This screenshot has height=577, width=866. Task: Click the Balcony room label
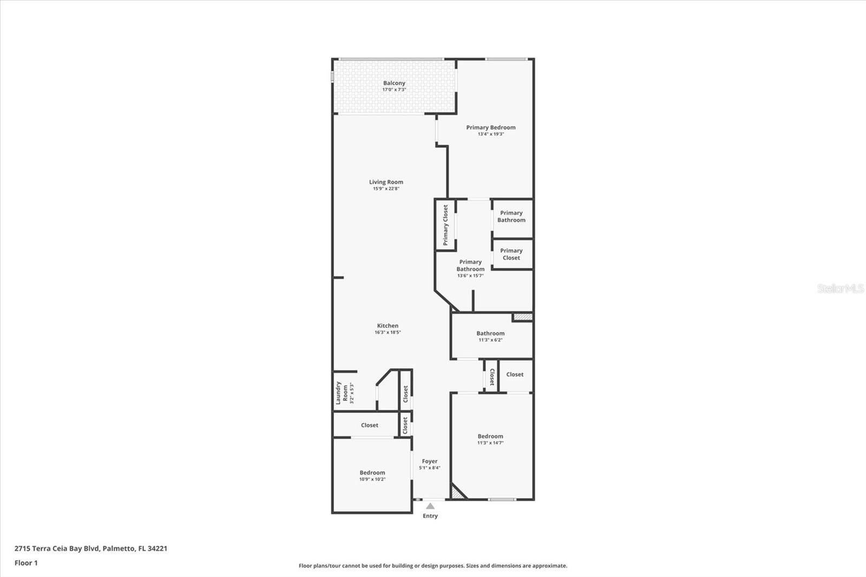pos(394,83)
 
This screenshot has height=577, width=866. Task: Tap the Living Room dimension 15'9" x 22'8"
pos(386,189)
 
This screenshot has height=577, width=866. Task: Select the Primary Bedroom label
pos(491,128)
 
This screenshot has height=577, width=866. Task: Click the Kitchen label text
pos(388,326)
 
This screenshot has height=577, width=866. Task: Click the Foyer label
pos(430,462)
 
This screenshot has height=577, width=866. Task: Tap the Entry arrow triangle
pos(430,506)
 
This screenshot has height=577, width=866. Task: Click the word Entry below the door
pos(430,516)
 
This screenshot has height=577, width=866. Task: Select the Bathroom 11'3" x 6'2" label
pos(490,336)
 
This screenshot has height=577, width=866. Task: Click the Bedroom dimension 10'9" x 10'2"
pos(372,479)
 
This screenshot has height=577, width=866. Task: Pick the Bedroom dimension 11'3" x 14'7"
pos(490,443)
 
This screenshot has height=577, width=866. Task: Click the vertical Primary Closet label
pos(445,225)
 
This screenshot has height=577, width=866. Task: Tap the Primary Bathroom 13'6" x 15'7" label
pos(470,268)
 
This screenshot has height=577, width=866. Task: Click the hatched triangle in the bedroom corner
pos(457,493)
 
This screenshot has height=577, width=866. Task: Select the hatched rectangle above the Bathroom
pos(523,317)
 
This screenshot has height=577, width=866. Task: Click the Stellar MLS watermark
pos(840,289)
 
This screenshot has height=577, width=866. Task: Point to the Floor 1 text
pos(26,563)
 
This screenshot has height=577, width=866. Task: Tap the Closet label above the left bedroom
pos(370,425)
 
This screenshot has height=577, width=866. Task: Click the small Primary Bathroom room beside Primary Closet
pos(511,217)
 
